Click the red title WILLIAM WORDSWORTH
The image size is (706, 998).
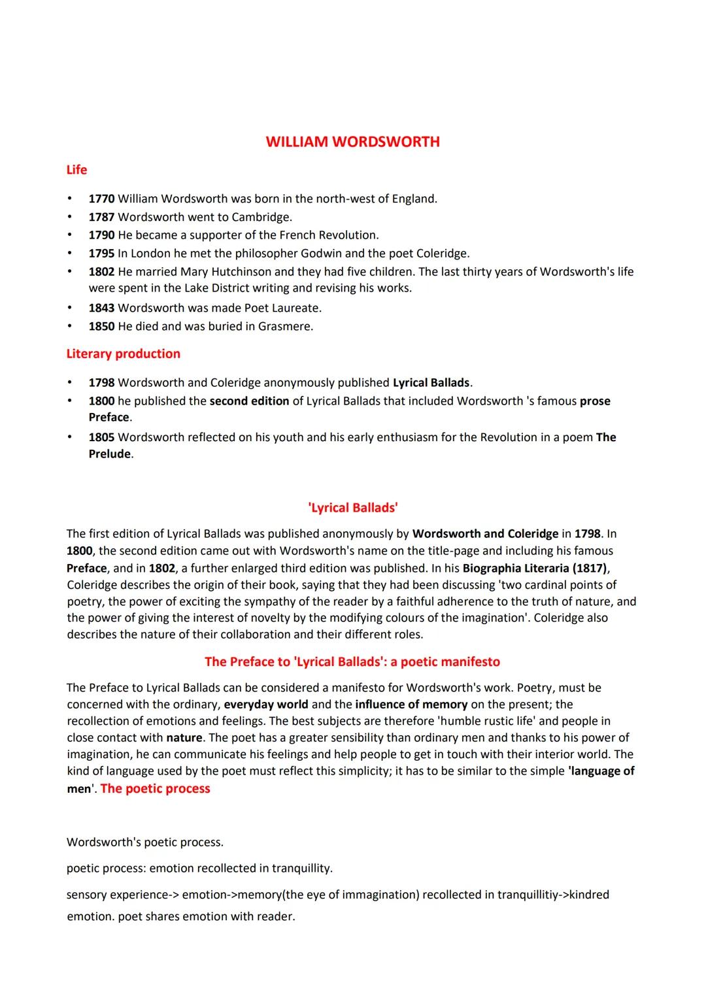(352, 142)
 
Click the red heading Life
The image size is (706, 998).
(76, 170)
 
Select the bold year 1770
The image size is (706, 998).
(101, 199)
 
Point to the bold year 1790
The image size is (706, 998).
(101, 235)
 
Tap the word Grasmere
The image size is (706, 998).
(284, 326)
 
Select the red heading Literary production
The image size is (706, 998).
(123, 354)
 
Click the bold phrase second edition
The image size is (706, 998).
(249, 401)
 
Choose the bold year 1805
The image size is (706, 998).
(101, 437)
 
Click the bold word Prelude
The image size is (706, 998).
(110, 454)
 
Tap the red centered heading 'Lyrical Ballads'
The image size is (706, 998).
(352, 508)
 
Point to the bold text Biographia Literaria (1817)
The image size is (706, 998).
(535, 568)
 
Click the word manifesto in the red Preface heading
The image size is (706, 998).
(467, 662)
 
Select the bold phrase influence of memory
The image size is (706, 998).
(411, 705)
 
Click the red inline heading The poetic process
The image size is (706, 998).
(156, 789)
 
